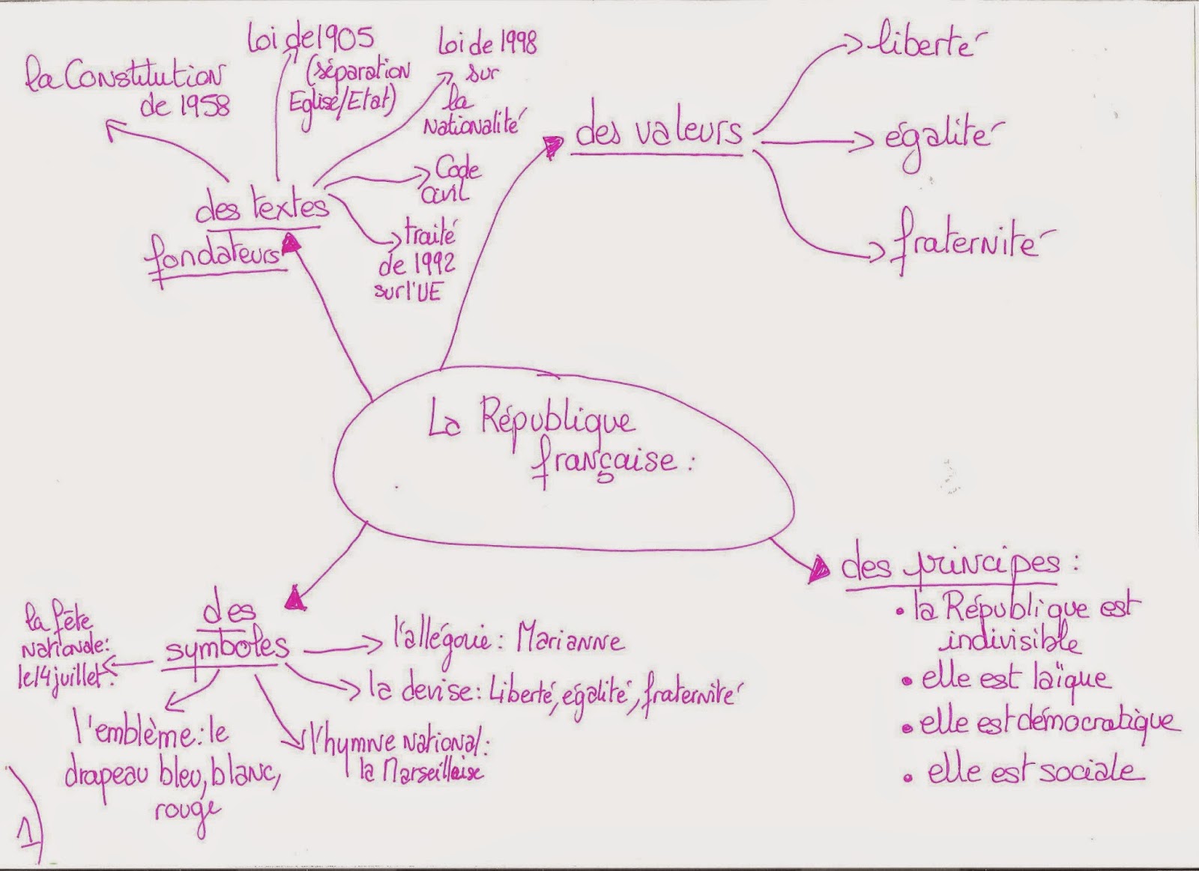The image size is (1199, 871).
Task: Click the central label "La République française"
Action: (555, 446)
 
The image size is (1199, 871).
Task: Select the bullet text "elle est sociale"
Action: (1034, 771)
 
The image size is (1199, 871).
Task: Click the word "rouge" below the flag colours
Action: (187, 809)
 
